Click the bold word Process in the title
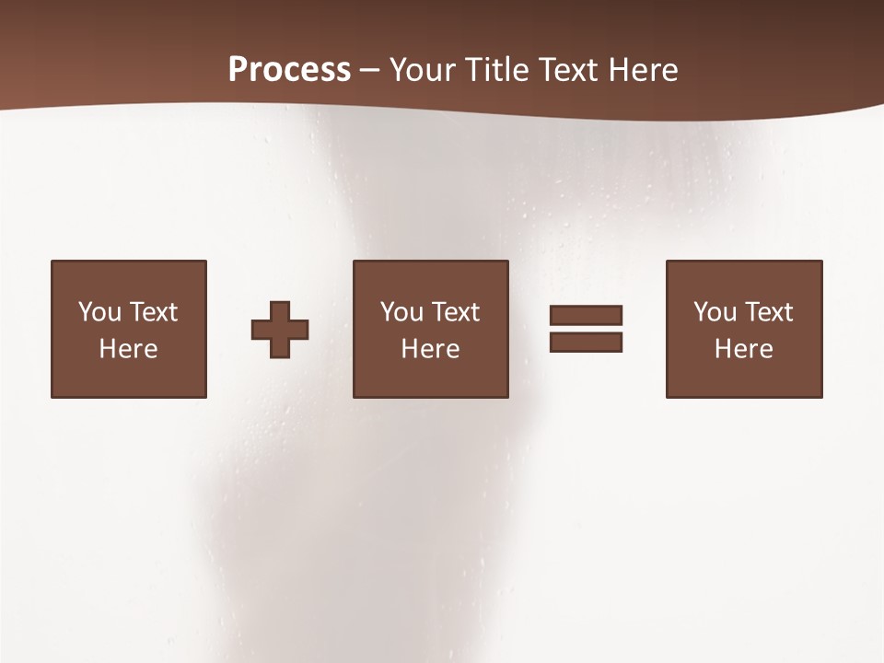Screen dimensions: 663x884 coord(289,70)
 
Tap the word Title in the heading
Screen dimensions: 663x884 coord(498,70)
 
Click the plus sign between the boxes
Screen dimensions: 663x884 coord(280,330)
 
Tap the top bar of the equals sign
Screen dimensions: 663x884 coord(586,316)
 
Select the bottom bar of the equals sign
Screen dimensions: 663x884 coord(586,343)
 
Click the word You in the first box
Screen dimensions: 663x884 coord(99,312)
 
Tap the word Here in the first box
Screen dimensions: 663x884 coord(128,349)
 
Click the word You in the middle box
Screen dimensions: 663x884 coord(401,312)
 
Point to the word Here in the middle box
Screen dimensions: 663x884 coord(430,349)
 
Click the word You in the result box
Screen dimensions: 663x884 coord(715,312)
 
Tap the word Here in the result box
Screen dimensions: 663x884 coord(743,349)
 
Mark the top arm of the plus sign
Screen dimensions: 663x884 coord(280,310)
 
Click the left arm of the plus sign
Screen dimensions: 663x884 coord(261,330)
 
